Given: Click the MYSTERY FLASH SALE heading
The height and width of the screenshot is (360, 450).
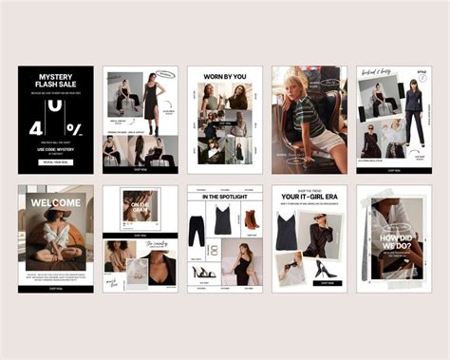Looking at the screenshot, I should pyautogui.click(x=55, y=82).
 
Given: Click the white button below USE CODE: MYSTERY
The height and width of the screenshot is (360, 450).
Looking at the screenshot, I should pyautogui.click(x=55, y=162).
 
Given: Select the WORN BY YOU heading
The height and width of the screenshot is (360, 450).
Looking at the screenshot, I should pyautogui.click(x=224, y=76).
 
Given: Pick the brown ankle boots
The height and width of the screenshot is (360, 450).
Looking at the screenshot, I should pyautogui.click(x=252, y=219).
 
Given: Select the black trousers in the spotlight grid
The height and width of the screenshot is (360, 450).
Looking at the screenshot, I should pyautogui.click(x=197, y=231).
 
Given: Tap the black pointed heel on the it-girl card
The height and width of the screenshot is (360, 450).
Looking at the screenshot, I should pyautogui.click(x=323, y=270).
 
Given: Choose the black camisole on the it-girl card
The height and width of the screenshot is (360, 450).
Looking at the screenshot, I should pyautogui.click(x=288, y=231).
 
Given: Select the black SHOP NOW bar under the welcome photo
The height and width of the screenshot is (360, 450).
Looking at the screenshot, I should pyautogui.click(x=55, y=284).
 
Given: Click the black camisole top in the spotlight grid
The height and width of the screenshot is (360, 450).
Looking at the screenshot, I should pyautogui.click(x=224, y=220).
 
